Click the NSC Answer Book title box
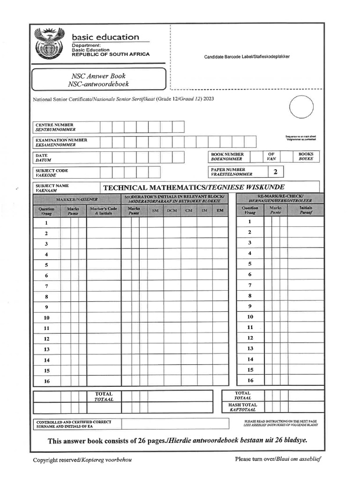point(98,80)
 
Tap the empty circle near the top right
point(301,107)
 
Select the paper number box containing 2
point(275,172)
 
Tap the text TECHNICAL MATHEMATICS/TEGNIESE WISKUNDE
point(194,187)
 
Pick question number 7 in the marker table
point(46,286)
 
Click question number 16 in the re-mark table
point(250,381)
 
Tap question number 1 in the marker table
point(46,223)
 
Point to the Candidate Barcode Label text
point(247,57)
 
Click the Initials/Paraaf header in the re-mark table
point(306,210)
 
